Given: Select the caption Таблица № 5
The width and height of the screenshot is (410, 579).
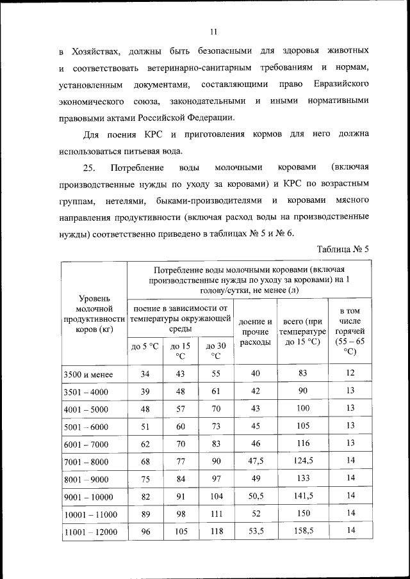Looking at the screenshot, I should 343,249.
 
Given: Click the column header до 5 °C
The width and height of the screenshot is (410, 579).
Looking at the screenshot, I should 144,346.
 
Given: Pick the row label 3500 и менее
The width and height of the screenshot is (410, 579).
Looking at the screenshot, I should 88,374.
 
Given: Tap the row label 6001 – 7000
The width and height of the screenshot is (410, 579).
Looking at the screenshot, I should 88,443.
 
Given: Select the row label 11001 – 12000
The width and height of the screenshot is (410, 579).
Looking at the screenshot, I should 91,530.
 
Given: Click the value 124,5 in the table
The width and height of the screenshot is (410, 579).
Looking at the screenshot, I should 302,460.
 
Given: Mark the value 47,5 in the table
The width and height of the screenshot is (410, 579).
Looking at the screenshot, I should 256,460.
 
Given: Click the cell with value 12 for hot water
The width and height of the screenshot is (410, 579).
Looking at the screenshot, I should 350,372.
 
